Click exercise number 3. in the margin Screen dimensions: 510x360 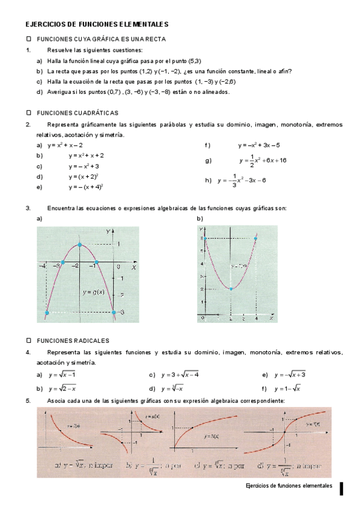click(28, 208)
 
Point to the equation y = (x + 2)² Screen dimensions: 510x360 click(84, 177)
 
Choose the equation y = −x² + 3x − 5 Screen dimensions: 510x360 click(258, 145)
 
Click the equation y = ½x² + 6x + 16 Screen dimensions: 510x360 click(263, 161)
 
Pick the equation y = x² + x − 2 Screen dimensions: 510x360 click(65, 145)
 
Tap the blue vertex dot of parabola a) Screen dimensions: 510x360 click(81, 245)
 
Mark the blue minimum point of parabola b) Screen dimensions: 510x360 click(231, 289)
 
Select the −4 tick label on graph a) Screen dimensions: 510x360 click(43, 265)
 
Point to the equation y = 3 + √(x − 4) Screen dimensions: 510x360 click(180, 375)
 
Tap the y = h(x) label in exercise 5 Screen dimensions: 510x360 click(211, 435)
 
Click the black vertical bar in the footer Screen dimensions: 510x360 click(341, 488)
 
